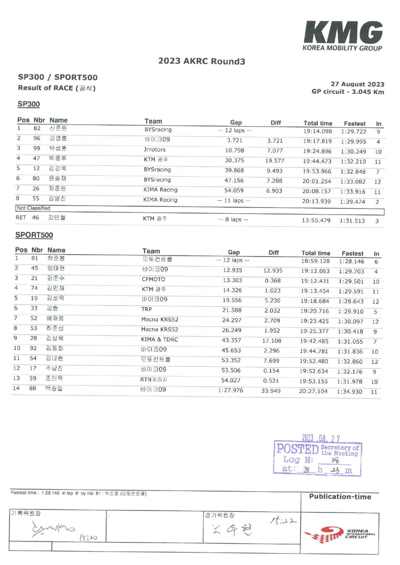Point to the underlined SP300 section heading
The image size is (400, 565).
tap(28, 104)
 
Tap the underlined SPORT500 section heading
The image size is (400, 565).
tap(34, 235)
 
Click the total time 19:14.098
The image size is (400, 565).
tap(318, 131)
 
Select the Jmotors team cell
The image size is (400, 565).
tap(155, 150)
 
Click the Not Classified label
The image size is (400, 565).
tap(34, 208)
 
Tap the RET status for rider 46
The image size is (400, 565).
tap(21, 218)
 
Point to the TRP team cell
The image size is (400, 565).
tap(146, 309)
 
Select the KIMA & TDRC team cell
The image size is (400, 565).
tap(161, 339)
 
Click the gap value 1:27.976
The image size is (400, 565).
tap(230, 390)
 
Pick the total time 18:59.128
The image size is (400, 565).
tap(316, 261)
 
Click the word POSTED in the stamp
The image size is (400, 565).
tap(297, 450)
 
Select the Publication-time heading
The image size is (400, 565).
tap(340, 497)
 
